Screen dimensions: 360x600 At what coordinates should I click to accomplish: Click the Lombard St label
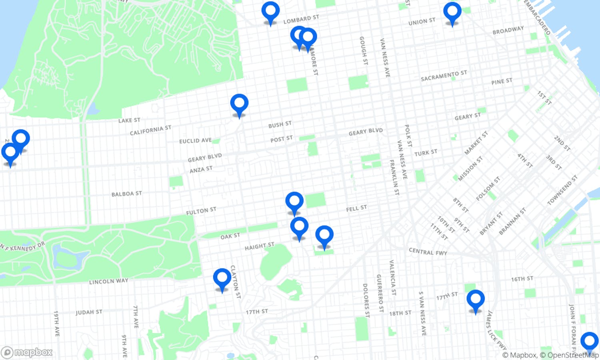click(x=301, y=19)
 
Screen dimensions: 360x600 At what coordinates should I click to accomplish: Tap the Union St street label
click(x=422, y=22)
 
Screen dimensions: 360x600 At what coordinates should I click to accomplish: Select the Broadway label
click(x=508, y=30)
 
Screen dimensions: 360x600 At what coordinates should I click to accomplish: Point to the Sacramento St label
click(x=444, y=76)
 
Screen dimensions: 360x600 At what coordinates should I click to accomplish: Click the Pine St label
click(x=502, y=82)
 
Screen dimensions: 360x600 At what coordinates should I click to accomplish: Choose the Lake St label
click(x=129, y=120)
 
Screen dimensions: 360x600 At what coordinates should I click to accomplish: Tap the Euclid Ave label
click(x=195, y=140)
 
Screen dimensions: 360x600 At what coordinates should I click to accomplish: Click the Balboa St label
click(x=126, y=194)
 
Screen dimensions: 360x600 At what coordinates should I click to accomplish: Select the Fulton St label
click(x=201, y=211)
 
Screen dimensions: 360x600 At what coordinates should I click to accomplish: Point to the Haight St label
click(x=259, y=246)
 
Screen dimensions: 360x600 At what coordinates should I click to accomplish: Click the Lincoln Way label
click(x=108, y=281)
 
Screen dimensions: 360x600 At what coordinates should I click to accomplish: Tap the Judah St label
click(x=89, y=312)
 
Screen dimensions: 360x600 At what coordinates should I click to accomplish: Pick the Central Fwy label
click(x=428, y=251)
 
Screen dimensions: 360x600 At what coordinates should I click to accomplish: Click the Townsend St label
click(x=562, y=190)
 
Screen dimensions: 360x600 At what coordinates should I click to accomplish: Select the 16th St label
click(x=522, y=279)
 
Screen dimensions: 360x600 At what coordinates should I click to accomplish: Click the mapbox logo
click(x=27, y=352)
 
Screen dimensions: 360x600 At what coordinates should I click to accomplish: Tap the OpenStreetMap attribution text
click(x=573, y=355)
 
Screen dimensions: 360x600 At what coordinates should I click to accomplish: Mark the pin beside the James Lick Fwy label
click(x=475, y=300)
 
